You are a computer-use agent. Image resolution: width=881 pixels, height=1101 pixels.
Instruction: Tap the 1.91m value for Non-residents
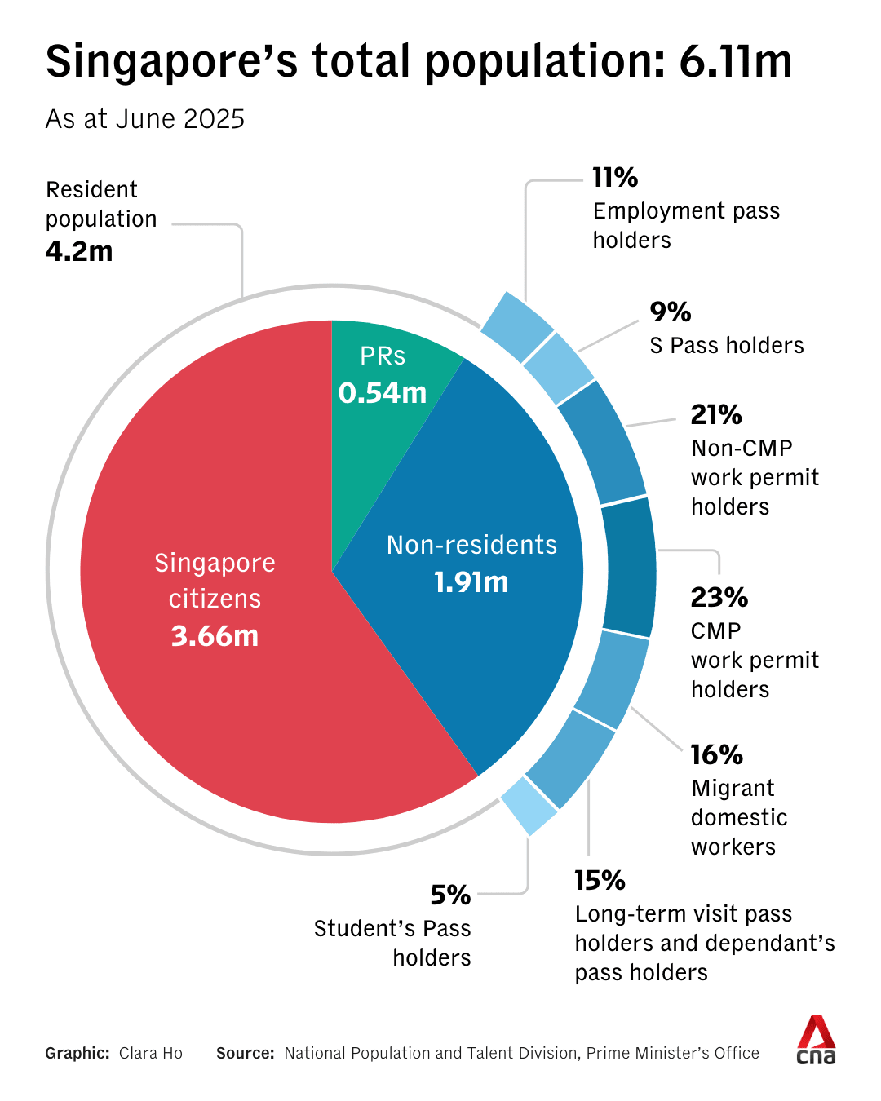[471, 582]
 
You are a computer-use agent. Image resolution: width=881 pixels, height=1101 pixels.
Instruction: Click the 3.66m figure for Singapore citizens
[215, 635]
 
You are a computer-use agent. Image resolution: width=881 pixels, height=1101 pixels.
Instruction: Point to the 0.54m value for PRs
[383, 393]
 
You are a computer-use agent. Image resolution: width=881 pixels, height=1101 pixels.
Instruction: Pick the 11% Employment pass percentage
[615, 177]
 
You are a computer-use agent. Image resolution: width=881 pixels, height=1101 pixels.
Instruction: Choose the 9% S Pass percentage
[671, 312]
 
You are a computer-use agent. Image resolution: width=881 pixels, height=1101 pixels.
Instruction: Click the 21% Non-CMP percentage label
[716, 414]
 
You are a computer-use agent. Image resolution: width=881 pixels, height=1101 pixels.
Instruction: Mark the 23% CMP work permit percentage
[719, 597]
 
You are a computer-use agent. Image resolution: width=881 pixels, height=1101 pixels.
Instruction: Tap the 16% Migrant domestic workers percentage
[716, 754]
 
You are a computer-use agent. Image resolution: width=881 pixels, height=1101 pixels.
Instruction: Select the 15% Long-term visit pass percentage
[600, 880]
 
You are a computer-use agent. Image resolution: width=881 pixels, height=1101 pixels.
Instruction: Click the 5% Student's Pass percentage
[450, 895]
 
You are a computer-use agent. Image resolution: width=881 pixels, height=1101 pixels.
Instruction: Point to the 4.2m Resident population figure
[79, 251]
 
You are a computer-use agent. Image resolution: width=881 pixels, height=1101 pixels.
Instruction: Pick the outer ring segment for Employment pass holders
[517, 326]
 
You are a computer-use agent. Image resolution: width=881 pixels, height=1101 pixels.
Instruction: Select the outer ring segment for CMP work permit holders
[629, 567]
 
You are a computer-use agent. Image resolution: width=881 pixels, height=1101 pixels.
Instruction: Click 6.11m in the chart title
[735, 61]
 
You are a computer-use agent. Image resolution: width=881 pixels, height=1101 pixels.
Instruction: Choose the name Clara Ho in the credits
[151, 1053]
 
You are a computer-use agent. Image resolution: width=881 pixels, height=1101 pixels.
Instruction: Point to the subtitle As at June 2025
[145, 119]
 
